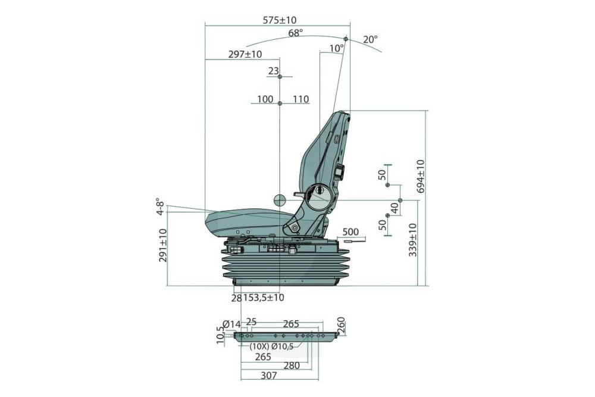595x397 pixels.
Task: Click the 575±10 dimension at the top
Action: (280, 20)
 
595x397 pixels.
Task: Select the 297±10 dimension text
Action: (245, 54)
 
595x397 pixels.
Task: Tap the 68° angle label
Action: (296, 33)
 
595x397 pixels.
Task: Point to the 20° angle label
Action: (370, 40)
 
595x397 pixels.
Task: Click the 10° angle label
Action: (336, 48)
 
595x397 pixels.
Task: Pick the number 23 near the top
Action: (273, 71)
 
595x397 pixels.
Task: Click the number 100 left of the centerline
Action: (265, 99)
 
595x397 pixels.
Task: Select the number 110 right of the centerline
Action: (301, 99)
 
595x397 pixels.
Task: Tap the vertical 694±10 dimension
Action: (420, 176)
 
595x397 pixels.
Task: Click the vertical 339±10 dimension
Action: (413, 239)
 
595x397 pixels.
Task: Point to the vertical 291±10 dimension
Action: (163, 245)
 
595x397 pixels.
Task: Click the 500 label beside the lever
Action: (351, 232)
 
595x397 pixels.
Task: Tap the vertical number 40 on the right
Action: (394, 208)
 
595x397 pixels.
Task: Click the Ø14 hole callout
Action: (230, 325)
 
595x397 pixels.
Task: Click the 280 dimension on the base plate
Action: (292, 365)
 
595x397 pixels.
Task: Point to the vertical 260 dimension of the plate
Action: (342, 325)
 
